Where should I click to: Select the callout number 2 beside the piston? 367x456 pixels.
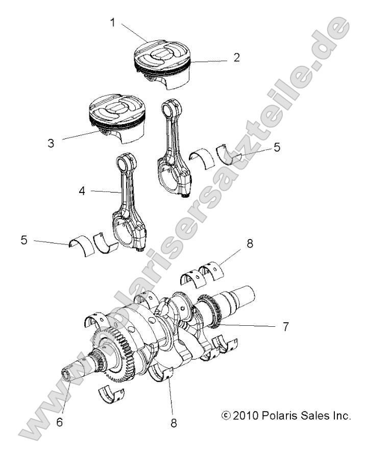(x=236, y=57)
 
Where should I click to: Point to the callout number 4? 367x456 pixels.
(x=82, y=191)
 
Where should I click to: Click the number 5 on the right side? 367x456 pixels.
(x=276, y=147)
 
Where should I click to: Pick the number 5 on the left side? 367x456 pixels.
(x=24, y=239)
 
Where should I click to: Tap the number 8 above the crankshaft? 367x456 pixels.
(x=249, y=245)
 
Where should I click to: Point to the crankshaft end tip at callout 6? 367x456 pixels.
(x=67, y=376)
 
